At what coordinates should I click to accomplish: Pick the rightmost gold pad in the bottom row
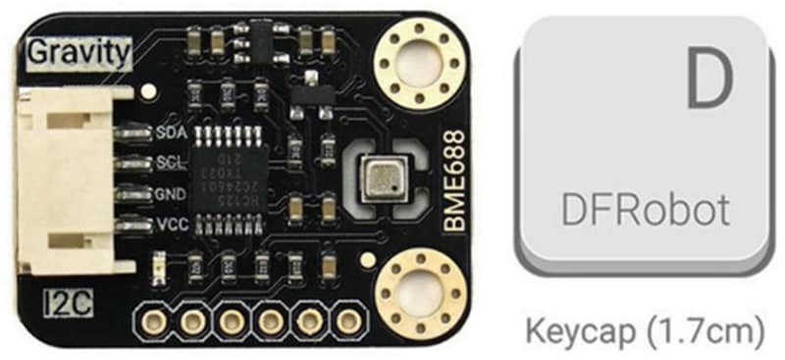[345, 320]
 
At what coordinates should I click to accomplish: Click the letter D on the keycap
[709, 80]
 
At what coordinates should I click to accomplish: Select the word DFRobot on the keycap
[645, 209]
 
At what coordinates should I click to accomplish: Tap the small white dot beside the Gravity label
[148, 91]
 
